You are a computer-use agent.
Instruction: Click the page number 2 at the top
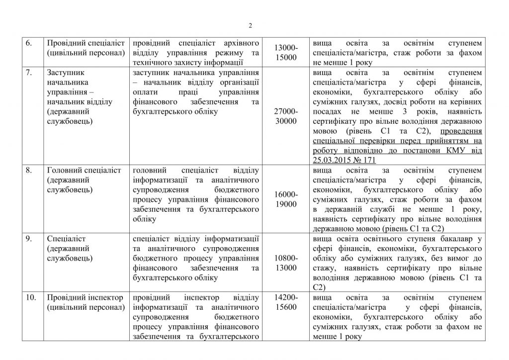coord(251,26)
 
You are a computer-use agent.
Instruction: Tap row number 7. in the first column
coord(29,72)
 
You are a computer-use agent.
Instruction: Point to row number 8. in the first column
coord(29,171)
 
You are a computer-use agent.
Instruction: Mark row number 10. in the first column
coord(30,298)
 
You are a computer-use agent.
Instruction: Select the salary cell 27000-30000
coord(287,116)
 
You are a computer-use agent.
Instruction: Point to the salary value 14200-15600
coord(287,302)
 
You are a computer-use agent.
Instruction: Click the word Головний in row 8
coord(63,171)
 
